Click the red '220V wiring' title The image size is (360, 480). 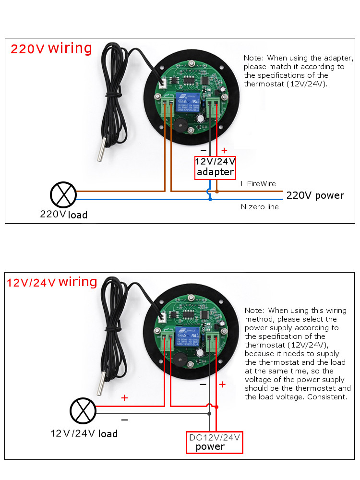[x=51, y=48]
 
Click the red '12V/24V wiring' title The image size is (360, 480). [x=52, y=282]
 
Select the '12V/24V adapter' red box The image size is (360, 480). [x=215, y=168]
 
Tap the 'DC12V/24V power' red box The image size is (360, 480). [x=215, y=442]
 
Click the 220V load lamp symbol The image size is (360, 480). [x=63, y=195]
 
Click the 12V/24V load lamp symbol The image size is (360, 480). [x=83, y=409]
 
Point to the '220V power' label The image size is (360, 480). [x=315, y=195]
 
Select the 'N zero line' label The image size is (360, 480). [x=259, y=207]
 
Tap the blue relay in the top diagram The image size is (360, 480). [x=188, y=103]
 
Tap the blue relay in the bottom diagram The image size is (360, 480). [x=188, y=336]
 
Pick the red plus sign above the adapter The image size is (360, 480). [x=224, y=151]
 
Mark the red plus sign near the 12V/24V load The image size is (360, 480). [x=125, y=398]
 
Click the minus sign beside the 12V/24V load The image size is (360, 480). [x=124, y=420]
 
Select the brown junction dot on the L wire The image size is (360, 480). [x=217, y=192]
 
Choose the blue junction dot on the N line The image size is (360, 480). [x=210, y=198]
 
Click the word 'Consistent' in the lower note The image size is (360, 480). [x=326, y=397]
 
